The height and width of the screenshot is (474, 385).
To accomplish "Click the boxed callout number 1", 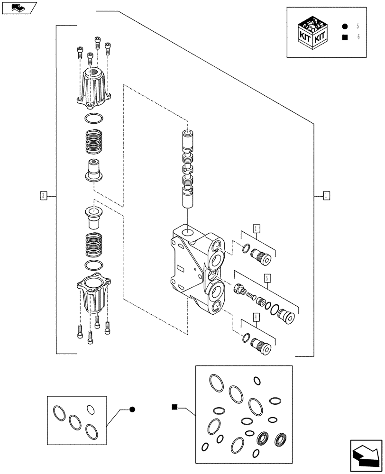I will pyautogui.click(x=326, y=195).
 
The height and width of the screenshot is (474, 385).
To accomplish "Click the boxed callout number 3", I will pyautogui.click(x=43, y=195).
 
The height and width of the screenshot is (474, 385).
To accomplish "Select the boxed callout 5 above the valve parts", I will pyautogui.click(x=268, y=279).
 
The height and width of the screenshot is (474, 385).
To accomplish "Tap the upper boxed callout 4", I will pyautogui.click(x=256, y=228).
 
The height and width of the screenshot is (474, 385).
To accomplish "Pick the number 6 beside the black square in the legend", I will pyautogui.click(x=358, y=37).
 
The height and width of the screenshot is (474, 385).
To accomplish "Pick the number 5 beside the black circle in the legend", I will pyautogui.click(x=358, y=27).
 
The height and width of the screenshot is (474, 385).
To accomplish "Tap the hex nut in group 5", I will pyautogui.click(x=239, y=288).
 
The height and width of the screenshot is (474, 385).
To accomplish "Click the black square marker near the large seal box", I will pyautogui.click(x=174, y=407).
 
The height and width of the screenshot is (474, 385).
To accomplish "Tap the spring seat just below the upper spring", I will pyautogui.click(x=94, y=170).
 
